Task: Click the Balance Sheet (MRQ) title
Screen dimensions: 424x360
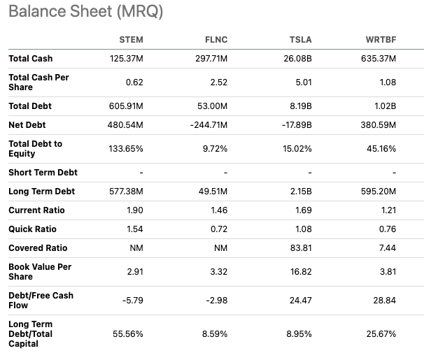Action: pyautogui.click(x=86, y=12)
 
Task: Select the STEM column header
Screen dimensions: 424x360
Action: pyautogui.click(x=131, y=40)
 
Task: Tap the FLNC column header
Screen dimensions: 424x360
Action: pyautogui.click(x=216, y=40)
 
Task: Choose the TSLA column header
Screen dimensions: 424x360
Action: pyautogui.click(x=300, y=40)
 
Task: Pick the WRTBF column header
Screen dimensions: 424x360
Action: pyautogui.click(x=381, y=40)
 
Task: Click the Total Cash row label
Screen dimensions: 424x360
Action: pyautogui.click(x=31, y=59)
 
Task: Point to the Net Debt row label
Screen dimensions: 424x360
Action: pyautogui.click(x=27, y=125)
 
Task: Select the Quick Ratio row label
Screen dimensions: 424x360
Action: pyautogui.click(x=32, y=229)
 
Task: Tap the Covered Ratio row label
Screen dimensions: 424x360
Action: pyautogui.click(x=38, y=248)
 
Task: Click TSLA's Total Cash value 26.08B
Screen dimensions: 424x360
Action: pyautogui.click(x=297, y=59)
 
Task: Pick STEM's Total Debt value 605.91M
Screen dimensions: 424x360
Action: pyautogui.click(x=126, y=106)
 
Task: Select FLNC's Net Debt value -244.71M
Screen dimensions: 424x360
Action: pyautogui.click(x=209, y=125)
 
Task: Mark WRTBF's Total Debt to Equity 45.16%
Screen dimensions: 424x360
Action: pyautogui.click(x=381, y=149)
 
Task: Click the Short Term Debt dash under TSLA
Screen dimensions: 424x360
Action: pyautogui.click(x=310, y=173)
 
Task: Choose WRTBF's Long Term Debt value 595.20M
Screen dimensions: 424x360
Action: pyautogui.click(x=379, y=192)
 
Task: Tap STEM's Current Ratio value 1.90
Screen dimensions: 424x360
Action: pyautogui.click(x=134, y=210)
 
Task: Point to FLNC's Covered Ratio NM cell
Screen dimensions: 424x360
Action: pyautogui.click(x=220, y=248)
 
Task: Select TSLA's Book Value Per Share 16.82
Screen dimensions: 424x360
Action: pyautogui.click(x=301, y=272)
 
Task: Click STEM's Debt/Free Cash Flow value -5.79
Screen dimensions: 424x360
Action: pyautogui.click(x=132, y=301)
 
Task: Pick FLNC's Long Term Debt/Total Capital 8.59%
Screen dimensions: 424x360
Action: pyautogui.click(x=215, y=334)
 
